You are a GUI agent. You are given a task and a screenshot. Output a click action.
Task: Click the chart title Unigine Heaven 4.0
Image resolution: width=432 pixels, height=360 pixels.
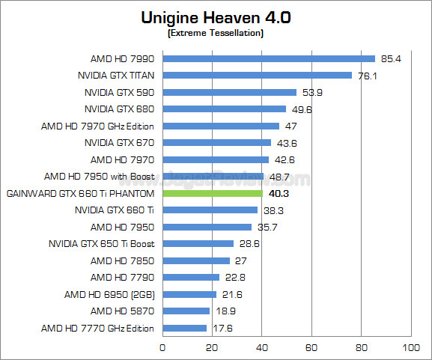pos(216,18)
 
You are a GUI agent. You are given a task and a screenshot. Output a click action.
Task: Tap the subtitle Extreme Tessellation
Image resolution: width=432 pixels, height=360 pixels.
pos(216,34)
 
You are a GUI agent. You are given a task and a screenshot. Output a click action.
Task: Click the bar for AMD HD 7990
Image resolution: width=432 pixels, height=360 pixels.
pos(268,58)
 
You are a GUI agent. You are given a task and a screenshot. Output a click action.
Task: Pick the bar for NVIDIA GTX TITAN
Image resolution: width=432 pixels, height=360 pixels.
pos(257,75)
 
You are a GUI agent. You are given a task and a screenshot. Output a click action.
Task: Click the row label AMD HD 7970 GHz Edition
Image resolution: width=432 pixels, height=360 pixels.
pos(97,126)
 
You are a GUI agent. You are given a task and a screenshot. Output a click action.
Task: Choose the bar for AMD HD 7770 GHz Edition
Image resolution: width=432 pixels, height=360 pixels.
pos(184,328)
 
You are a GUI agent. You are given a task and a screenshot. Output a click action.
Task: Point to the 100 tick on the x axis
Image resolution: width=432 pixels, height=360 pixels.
pos(411,347)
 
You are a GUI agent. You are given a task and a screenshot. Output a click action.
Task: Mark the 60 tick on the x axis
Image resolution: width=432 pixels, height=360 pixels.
pos(311,347)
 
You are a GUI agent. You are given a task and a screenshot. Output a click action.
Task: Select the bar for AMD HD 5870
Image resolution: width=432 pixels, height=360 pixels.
pos(186,311)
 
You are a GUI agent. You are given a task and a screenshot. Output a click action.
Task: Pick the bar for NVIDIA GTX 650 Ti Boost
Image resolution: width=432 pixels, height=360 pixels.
pos(198,244)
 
